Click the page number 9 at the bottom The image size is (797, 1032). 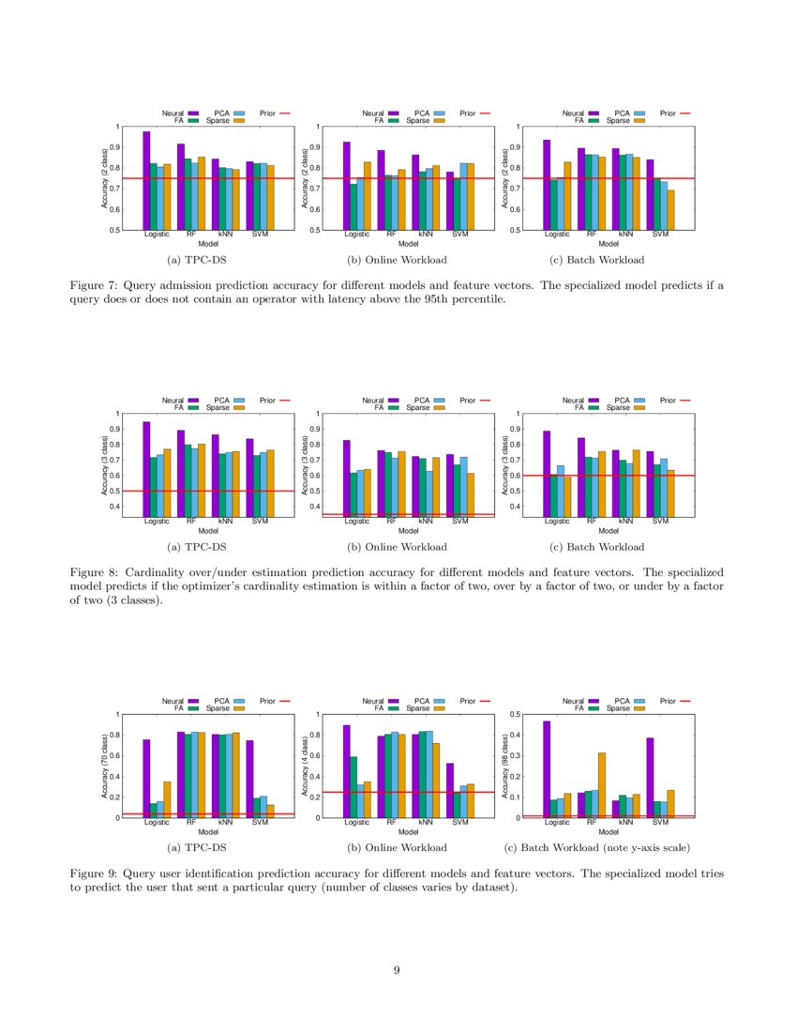point(398,971)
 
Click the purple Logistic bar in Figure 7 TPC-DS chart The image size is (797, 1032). point(146,180)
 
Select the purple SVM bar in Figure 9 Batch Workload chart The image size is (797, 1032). point(650,777)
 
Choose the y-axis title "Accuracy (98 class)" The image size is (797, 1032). point(505,766)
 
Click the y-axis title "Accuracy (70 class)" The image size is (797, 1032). point(104,766)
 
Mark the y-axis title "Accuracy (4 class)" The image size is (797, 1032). point(305,766)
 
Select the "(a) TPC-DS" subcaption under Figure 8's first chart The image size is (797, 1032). point(196,547)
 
